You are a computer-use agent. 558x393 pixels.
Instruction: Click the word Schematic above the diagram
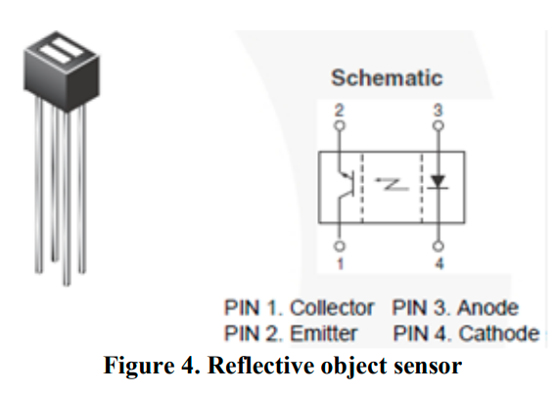pos(387,78)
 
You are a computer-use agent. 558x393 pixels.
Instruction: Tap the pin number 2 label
pos(339,110)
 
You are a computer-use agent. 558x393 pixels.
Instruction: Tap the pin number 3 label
pos(438,110)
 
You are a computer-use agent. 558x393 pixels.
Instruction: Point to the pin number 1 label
pos(340,264)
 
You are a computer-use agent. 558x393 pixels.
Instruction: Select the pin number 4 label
pos(440,264)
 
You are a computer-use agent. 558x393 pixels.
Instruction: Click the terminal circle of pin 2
pos(340,126)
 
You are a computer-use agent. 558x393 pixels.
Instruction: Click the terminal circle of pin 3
pos(439,126)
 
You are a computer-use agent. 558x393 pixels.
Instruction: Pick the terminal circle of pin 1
pos(340,246)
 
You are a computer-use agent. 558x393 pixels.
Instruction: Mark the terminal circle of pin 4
pos(439,246)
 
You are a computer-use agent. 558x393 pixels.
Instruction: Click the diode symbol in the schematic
pos(438,182)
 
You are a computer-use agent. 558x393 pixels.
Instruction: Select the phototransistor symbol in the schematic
pos(347,184)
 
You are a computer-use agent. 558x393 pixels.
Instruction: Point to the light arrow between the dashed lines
pos(392,184)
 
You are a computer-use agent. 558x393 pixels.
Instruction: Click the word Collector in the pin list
pos(332,307)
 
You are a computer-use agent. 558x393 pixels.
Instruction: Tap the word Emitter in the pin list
pos(323,333)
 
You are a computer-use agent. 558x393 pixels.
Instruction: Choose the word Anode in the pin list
pos(488,307)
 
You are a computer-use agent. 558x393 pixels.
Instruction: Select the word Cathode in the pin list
pos(499,333)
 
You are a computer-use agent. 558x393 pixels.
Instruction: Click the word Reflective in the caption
pos(261,366)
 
